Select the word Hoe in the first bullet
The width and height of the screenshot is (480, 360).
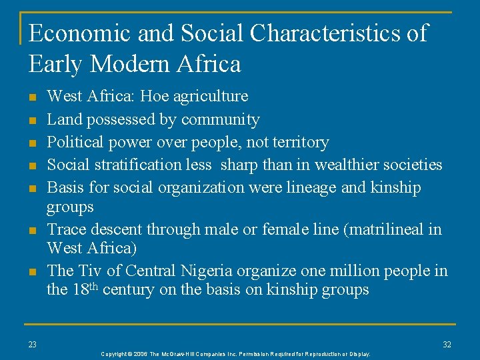click(x=151, y=97)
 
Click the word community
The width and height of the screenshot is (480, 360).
click(x=220, y=120)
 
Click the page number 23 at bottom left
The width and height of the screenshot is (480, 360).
click(x=33, y=344)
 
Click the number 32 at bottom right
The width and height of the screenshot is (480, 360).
click(x=447, y=344)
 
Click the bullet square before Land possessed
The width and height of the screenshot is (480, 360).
click(x=32, y=121)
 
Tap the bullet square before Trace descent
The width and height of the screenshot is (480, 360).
click(x=32, y=231)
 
